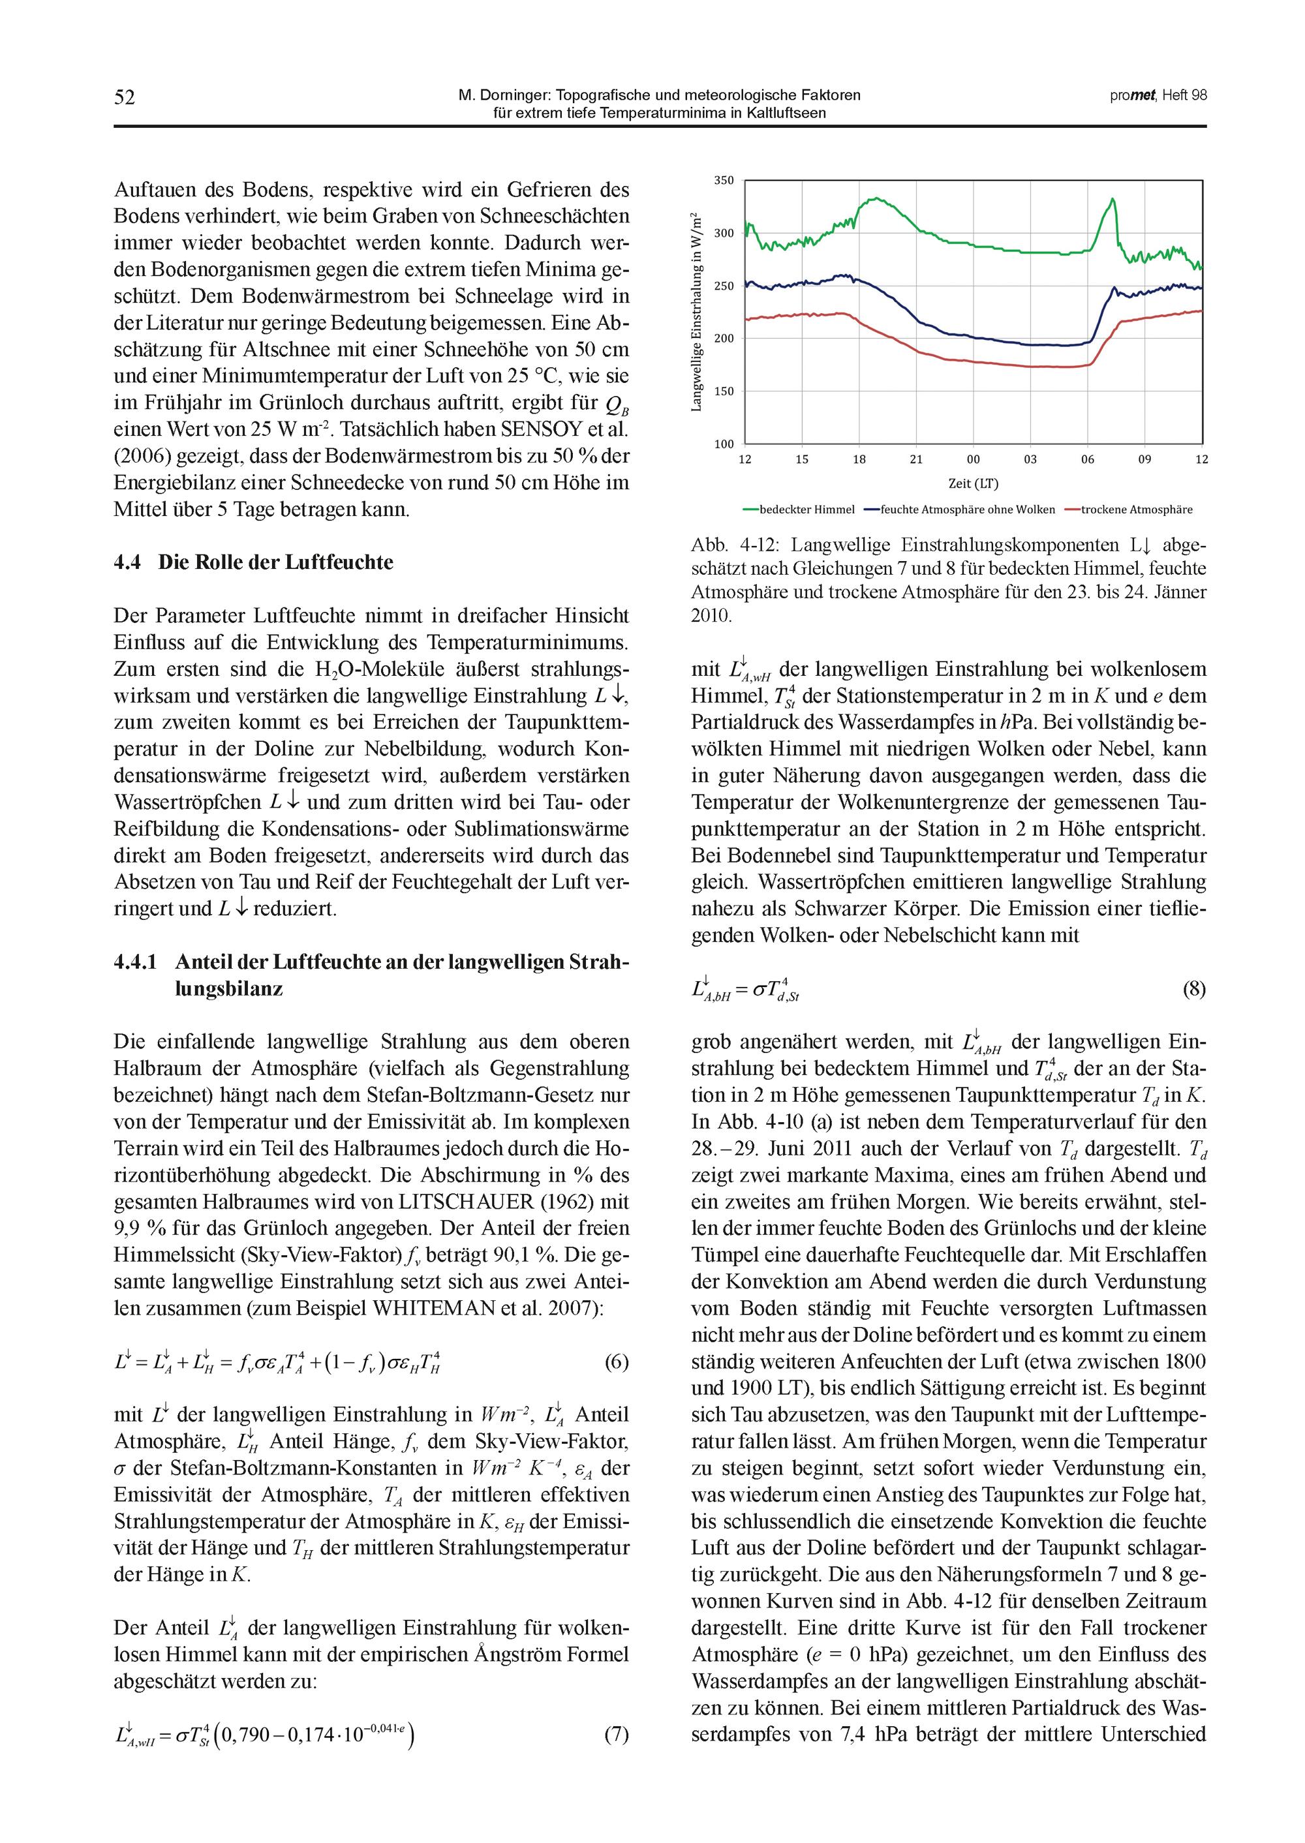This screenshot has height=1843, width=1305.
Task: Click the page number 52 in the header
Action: tap(125, 97)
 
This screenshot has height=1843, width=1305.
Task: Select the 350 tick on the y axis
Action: tap(724, 180)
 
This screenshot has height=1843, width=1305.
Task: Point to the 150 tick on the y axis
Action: tap(724, 391)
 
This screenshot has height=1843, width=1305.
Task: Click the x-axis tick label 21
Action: tap(917, 459)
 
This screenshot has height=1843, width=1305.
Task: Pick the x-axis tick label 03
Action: tap(1030, 459)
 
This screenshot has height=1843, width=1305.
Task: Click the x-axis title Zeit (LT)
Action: tap(973, 483)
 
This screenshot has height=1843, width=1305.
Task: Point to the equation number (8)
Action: tap(1194, 989)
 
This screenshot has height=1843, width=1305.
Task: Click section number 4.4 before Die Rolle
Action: tap(128, 562)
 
